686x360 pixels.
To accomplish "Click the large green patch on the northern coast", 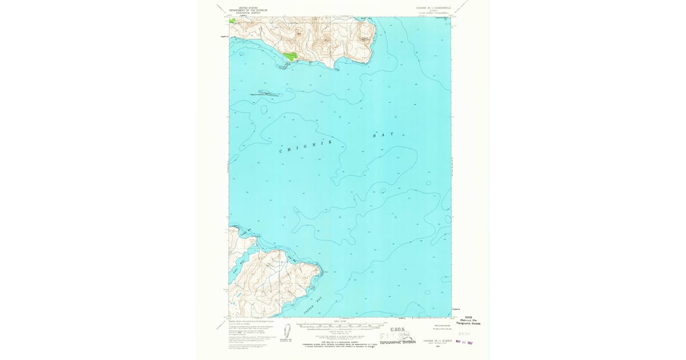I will point(291,56).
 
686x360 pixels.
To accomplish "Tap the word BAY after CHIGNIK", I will point(384,135).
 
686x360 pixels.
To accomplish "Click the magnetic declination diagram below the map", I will point(288,331).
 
